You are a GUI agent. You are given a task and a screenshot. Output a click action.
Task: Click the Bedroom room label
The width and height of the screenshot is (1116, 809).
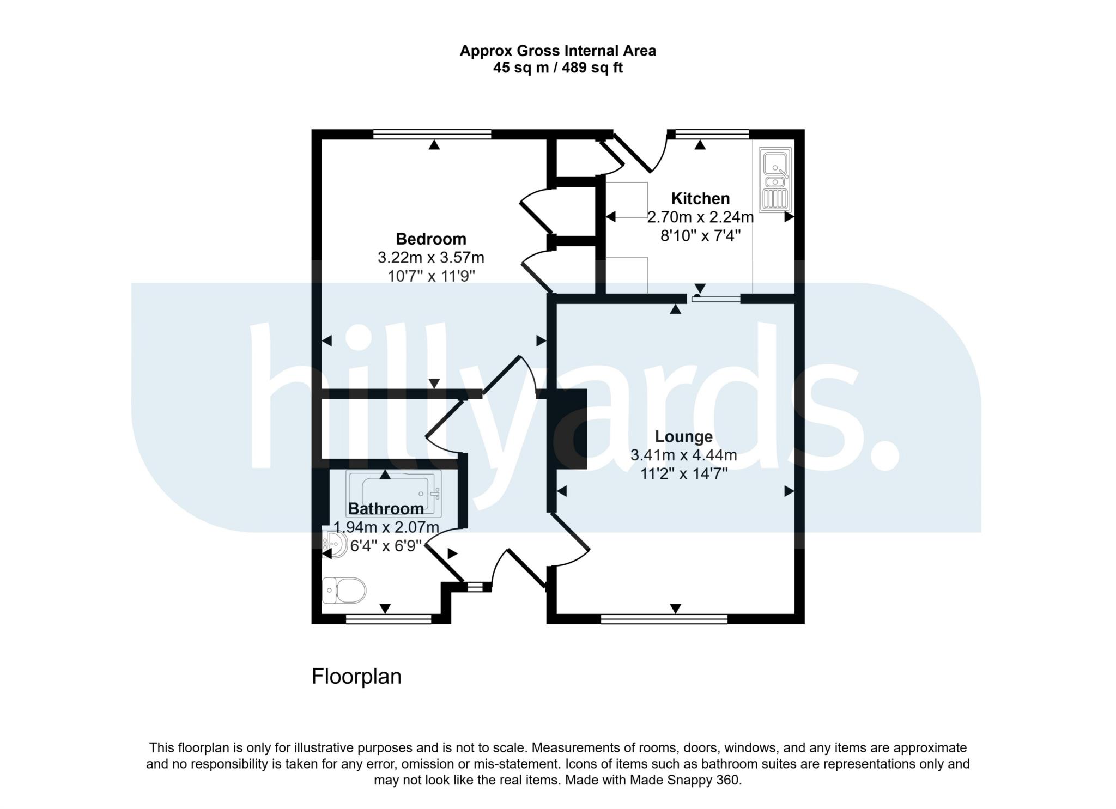tap(430, 239)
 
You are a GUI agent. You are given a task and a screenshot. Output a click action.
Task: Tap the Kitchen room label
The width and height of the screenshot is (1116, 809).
tap(700, 198)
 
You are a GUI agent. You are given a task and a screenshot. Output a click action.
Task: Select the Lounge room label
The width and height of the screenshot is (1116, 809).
tap(683, 436)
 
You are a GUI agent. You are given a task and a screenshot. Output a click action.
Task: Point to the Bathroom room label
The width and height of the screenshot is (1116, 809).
tap(386, 509)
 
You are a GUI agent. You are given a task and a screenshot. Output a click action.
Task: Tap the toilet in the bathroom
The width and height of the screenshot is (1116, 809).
tap(344, 591)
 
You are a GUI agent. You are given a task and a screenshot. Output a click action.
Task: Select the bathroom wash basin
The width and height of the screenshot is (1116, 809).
tap(335, 544)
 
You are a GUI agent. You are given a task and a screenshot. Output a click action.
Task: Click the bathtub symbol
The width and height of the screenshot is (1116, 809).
tap(393, 492)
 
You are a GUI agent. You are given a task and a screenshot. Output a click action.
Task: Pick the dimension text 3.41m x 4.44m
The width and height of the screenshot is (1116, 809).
tap(683, 455)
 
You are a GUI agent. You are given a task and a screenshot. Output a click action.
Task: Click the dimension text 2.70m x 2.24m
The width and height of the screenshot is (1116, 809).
tap(700, 217)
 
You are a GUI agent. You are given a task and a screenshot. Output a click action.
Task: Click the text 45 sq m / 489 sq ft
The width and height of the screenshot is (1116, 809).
tap(557, 68)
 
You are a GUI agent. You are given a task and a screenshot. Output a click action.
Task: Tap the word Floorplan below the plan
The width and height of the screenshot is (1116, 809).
tap(356, 677)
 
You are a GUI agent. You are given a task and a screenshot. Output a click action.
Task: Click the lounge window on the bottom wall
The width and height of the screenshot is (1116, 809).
tap(664, 619)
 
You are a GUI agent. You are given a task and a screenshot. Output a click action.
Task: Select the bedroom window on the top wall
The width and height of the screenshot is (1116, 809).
tap(432, 134)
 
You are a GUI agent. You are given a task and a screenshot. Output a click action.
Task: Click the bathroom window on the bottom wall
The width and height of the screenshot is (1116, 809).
tap(389, 619)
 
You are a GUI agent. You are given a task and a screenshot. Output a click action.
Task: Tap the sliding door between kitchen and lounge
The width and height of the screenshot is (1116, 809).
tap(715, 299)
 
